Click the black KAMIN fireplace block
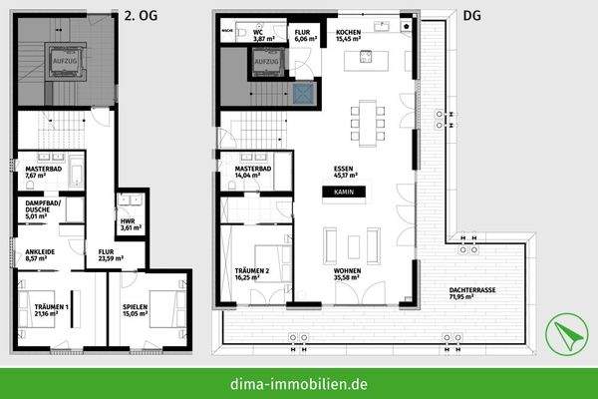pos(343,191)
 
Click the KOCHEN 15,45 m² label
pos(350,37)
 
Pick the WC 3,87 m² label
pos(257,37)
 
